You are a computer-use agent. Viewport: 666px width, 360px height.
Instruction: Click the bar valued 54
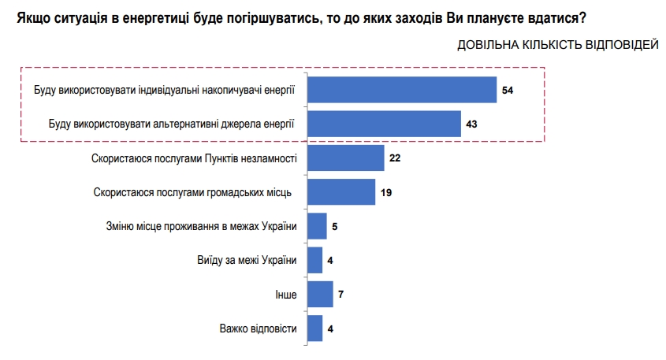coord(400,90)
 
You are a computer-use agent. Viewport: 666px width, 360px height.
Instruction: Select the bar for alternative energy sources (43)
coord(383,124)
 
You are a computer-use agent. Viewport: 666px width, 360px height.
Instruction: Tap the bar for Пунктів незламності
coord(344,158)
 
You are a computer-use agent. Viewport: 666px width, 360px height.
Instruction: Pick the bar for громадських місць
coord(340,191)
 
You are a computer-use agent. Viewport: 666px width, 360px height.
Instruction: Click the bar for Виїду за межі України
coord(314,260)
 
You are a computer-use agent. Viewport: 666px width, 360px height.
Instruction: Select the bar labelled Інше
coord(319,294)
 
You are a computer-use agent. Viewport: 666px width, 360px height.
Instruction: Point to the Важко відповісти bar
coord(314,328)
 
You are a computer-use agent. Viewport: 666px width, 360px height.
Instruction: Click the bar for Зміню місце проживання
coord(316,226)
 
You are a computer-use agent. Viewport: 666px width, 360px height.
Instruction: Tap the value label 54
coord(508,91)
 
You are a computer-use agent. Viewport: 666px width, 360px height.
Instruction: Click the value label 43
coord(472,124)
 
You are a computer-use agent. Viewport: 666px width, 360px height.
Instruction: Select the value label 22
coord(396,158)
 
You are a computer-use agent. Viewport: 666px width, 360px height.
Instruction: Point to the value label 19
coord(386,192)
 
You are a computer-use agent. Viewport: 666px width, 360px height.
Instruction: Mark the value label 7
coord(341,295)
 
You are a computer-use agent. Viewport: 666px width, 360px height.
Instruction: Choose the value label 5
coord(335,227)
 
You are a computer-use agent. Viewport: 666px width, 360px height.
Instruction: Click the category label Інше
coord(286,295)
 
